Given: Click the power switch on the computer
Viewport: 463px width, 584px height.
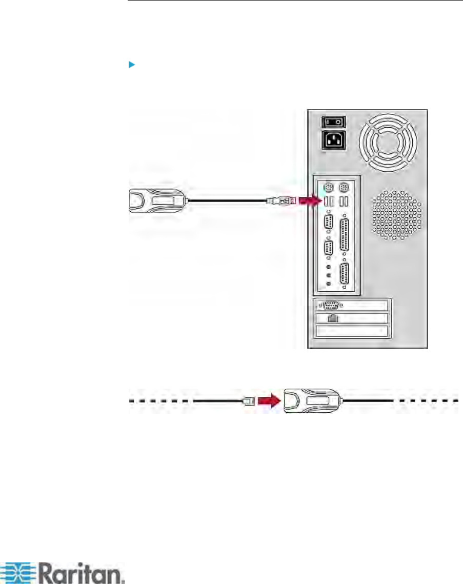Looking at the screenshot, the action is tap(333, 122).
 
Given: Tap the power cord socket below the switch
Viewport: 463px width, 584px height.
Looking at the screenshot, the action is tap(333, 140).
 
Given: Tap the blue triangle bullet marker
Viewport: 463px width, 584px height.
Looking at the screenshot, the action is tap(131, 65).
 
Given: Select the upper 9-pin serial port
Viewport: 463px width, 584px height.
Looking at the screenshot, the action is tap(328, 224).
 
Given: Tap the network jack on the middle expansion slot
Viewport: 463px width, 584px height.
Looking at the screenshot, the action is tap(332, 318).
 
